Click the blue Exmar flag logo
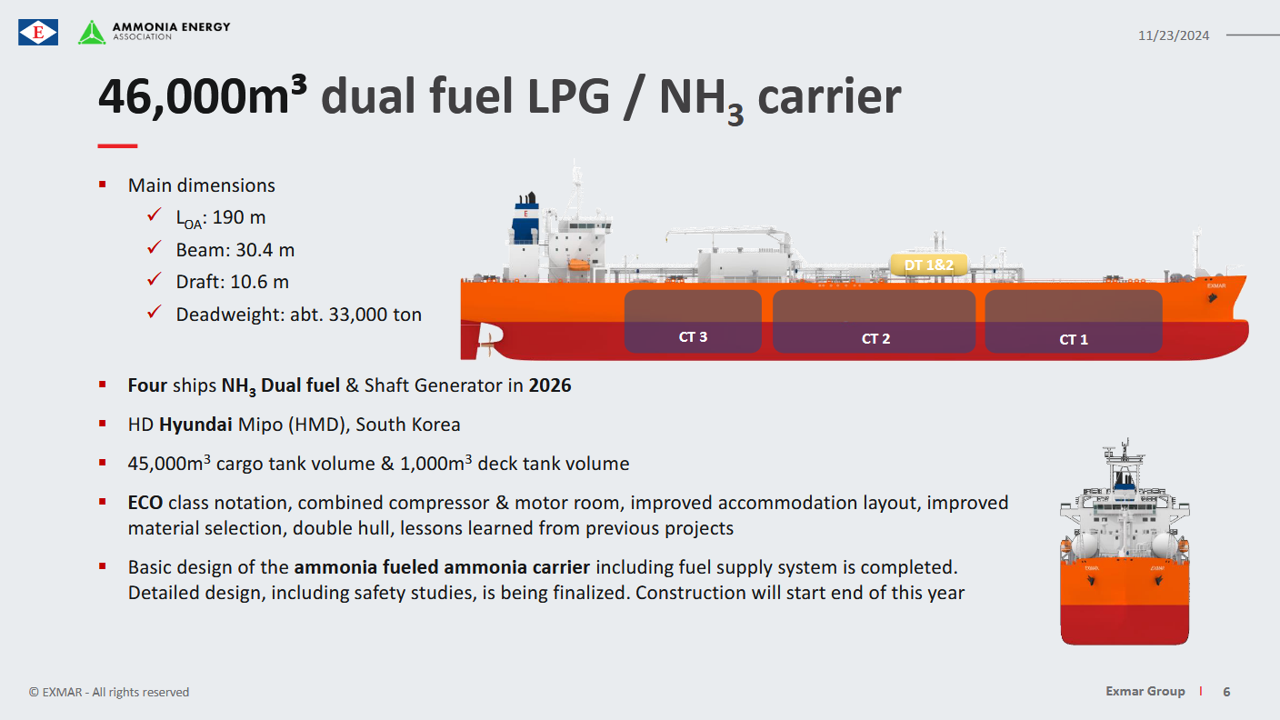(37, 32)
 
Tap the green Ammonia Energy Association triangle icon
(92, 32)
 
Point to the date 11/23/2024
(1173, 35)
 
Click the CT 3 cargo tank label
(693, 337)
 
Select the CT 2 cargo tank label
(875, 339)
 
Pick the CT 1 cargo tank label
(1073, 340)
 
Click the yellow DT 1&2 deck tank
(928, 265)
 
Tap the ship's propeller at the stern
(487, 344)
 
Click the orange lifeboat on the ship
(578, 265)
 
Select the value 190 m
(239, 217)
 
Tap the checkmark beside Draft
(155, 279)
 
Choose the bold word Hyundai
(195, 425)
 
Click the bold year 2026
(550, 385)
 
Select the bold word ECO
(145, 503)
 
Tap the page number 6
(1226, 692)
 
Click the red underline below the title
(117, 146)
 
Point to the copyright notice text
(108, 693)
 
